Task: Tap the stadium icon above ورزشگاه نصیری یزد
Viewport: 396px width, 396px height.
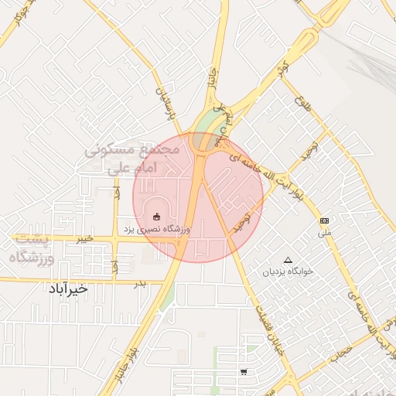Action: point(157,216)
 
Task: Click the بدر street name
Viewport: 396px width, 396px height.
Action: point(140,285)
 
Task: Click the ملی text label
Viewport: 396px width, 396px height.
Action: point(325,232)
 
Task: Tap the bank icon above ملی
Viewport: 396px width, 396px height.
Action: point(324,221)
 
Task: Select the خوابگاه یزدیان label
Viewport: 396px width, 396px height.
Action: point(288,272)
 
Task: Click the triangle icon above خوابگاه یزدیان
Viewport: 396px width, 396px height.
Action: point(288,260)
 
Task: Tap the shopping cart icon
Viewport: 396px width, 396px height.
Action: point(244,372)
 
